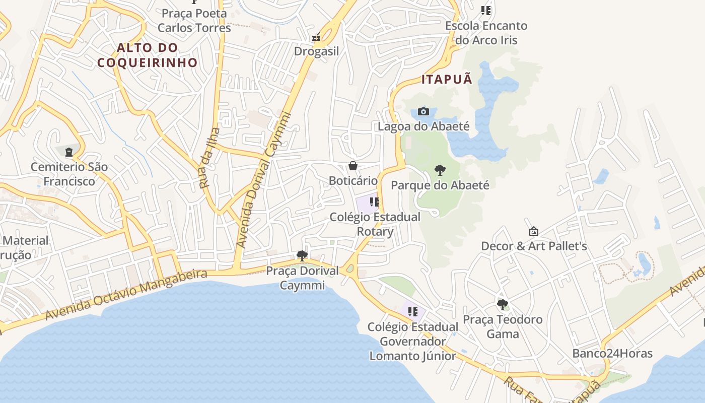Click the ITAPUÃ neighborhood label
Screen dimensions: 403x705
447,79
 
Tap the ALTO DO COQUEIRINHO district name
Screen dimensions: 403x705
148,55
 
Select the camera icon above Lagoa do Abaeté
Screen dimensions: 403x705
424,111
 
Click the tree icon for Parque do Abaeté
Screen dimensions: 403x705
440,170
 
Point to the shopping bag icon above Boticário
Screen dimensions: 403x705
353,166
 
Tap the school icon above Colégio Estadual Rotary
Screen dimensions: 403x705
374,202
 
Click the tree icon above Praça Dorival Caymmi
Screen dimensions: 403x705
302,256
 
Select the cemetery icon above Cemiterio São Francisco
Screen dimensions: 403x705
69,151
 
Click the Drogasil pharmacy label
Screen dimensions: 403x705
316,51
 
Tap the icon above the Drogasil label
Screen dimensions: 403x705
316,37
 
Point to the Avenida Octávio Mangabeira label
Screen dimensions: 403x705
126,294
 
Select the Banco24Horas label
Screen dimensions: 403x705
612,353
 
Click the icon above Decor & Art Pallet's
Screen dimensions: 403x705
534,231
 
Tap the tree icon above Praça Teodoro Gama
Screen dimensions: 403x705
502,304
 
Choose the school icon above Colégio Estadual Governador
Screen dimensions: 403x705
413,312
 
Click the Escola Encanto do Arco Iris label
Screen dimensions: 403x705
486,33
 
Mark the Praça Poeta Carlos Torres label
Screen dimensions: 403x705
194,20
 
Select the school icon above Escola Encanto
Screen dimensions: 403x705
486,10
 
